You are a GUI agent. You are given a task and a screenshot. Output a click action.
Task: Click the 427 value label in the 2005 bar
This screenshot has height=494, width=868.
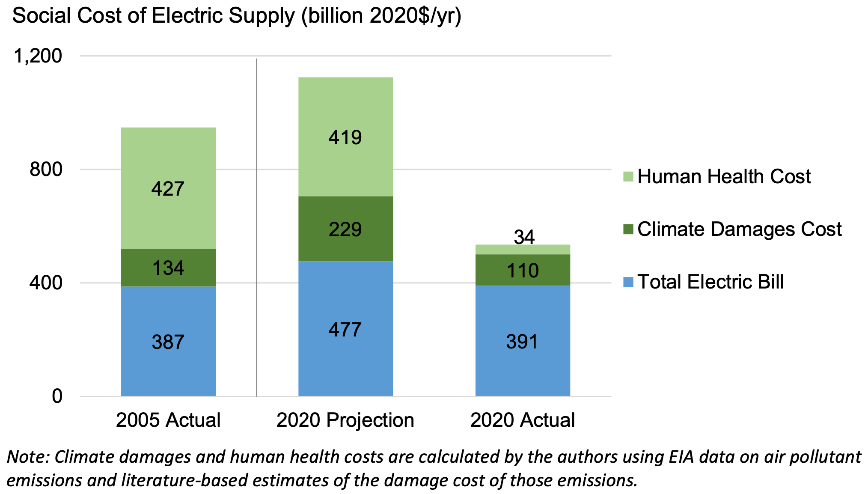(168, 189)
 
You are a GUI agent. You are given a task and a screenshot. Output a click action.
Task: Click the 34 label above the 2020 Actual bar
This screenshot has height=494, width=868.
(524, 237)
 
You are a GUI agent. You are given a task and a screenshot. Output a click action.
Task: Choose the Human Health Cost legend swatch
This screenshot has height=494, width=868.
(628, 176)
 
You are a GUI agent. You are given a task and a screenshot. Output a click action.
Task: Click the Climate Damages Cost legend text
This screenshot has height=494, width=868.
(739, 229)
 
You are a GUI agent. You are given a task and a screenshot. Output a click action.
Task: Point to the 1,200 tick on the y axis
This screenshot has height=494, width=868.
(38, 56)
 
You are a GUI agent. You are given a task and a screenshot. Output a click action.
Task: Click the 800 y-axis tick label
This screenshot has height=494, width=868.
(46, 170)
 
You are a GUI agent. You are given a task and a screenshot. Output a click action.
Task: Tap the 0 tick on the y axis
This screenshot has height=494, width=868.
(57, 396)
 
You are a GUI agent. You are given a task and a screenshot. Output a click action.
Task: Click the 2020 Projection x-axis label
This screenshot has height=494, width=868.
(345, 420)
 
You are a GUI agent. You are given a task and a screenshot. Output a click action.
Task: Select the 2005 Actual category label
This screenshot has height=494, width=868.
(168, 420)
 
